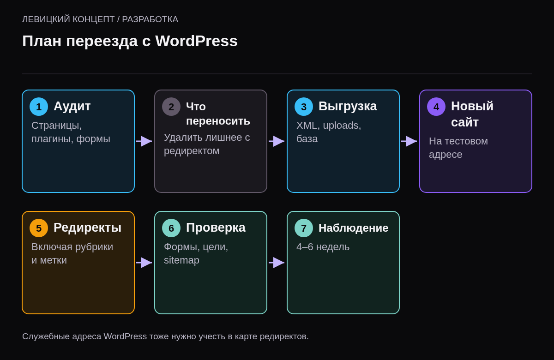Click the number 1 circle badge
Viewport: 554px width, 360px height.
tap(39, 107)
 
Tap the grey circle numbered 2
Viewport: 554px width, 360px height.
tap(171, 107)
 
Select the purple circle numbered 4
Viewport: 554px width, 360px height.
tap(436, 107)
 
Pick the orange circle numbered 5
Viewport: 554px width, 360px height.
tap(39, 228)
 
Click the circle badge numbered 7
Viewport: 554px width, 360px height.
tap(304, 228)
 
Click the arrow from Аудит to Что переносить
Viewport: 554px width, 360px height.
tap(144, 141)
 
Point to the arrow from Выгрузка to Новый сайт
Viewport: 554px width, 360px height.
tap(409, 141)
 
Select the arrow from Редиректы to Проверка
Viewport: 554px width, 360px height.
tap(144, 263)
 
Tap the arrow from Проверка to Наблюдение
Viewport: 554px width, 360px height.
tap(277, 263)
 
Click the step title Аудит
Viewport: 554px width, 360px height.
tap(72, 107)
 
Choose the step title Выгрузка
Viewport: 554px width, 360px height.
tap(348, 107)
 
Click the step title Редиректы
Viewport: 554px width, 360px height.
tap(88, 228)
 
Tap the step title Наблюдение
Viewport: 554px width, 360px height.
tap(354, 228)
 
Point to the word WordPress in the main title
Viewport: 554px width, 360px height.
tap(196, 41)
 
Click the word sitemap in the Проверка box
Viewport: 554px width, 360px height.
tap(181, 260)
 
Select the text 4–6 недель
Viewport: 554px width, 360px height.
tap(323, 247)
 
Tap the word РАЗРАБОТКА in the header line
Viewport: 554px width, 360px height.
tap(150, 19)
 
